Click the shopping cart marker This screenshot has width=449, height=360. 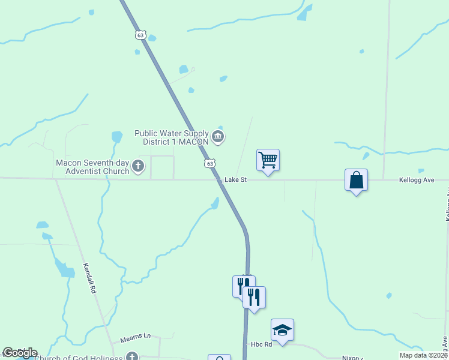[268, 160]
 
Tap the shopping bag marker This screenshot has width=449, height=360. [356, 180]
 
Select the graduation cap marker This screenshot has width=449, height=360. [282, 330]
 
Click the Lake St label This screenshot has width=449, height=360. [236, 179]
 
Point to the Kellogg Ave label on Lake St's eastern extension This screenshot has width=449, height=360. [417, 180]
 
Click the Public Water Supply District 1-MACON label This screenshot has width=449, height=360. [171, 137]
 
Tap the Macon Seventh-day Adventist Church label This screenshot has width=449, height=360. [93, 167]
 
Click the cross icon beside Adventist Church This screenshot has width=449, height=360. [138, 166]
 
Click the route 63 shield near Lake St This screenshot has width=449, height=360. [209, 163]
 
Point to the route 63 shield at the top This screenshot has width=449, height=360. [140, 35]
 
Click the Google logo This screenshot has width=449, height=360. [20, 353]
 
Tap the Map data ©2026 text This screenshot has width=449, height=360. [423, 355]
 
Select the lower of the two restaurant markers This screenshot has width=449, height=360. [254, 298]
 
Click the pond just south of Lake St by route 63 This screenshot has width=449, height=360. [215, 204]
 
